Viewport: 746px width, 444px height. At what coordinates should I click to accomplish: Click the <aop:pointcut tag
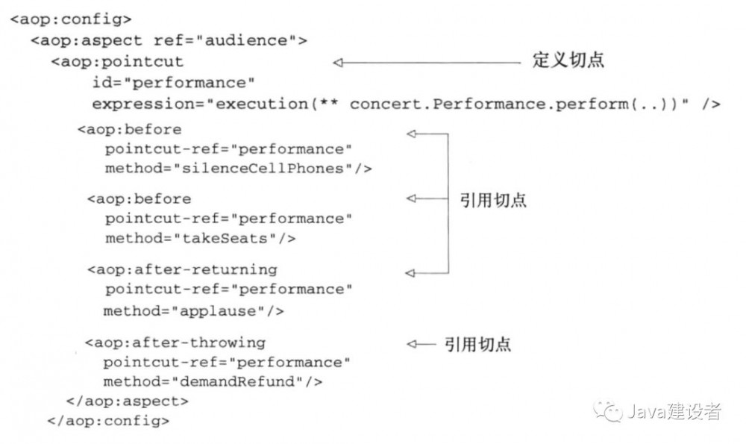(x=116, y=61)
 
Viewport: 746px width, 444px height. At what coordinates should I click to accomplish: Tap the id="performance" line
(x=174, y=82)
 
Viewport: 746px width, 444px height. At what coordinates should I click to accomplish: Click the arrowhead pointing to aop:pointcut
(x=338, y=63)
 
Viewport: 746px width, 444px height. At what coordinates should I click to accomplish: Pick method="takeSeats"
(x=200, y=239)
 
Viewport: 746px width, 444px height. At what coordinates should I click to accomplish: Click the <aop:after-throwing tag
(x=175, y=343)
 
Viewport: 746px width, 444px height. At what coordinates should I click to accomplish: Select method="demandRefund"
(x=213, y=382)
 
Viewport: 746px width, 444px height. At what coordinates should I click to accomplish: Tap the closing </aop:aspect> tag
(x=127, y=401)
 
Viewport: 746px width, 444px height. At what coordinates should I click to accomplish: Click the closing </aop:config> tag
(x=108, y=421)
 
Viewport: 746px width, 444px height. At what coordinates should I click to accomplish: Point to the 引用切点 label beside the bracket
(x=493, y=200)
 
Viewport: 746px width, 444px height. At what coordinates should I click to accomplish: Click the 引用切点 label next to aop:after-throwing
(x=478, y=344)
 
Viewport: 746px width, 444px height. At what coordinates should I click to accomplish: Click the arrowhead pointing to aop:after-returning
(x=410, y=272)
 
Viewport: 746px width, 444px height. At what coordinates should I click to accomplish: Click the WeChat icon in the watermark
(x=607, y=411)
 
